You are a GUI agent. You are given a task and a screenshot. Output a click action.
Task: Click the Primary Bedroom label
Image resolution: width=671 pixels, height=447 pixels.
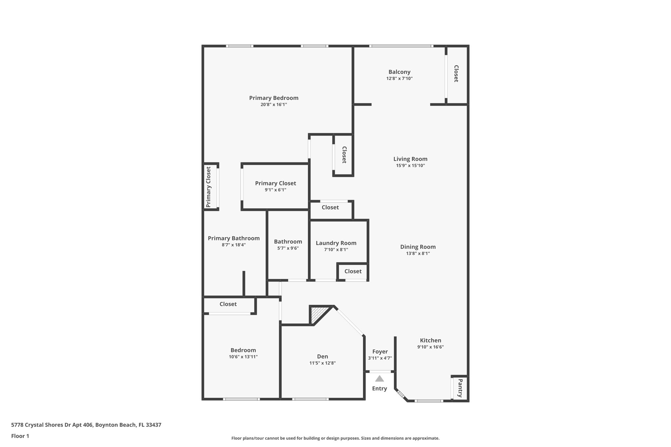(x=274, y=98)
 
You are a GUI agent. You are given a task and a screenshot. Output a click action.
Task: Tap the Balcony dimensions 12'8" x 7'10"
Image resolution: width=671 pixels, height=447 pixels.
(x=399, y=79)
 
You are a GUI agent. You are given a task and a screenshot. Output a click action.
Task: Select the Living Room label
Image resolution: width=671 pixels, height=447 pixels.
(x=410, y=159)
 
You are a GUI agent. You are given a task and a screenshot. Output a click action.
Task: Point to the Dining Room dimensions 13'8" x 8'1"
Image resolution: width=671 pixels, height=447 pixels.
(x=418, y=253)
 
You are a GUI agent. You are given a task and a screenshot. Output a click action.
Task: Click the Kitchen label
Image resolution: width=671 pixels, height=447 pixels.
(x=430, y=340)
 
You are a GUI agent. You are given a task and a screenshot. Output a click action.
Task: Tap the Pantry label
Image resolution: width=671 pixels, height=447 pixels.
(x=460, y=388)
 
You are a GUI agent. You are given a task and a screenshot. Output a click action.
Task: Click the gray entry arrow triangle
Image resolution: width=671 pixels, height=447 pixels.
(x=379, y=379)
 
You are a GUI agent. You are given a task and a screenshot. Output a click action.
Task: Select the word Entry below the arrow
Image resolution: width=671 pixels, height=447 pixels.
(x=379, y=389)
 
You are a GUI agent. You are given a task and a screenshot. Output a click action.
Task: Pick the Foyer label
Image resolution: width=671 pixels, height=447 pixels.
(x=380, y=352)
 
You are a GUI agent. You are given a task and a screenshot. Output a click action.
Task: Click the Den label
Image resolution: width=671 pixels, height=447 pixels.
(x=322, y=357)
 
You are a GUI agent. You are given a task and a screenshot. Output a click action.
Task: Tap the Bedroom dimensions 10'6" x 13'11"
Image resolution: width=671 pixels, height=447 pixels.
(x=243, y=357)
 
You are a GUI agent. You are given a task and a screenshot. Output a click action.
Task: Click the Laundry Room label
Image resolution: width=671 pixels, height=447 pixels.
(x=336, y=243)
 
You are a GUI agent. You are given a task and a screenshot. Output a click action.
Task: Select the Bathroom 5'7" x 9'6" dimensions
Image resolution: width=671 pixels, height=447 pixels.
(x=288, y=248)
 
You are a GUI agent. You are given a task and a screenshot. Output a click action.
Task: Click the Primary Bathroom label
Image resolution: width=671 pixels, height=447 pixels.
(x=234, y=238)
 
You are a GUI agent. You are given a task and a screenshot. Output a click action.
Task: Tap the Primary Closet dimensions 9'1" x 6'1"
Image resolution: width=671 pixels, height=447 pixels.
(x=275, y=190)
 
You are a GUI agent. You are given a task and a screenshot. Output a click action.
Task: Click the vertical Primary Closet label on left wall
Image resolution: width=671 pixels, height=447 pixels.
(x=208, y=187)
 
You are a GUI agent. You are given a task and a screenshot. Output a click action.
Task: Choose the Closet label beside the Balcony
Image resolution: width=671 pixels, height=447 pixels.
(x=456, y=73)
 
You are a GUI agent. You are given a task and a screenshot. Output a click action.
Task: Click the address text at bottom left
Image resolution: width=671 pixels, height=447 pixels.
(x=86, y=425)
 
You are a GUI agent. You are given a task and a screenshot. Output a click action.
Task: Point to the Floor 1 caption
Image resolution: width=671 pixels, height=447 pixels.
(x=20, y=436)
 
